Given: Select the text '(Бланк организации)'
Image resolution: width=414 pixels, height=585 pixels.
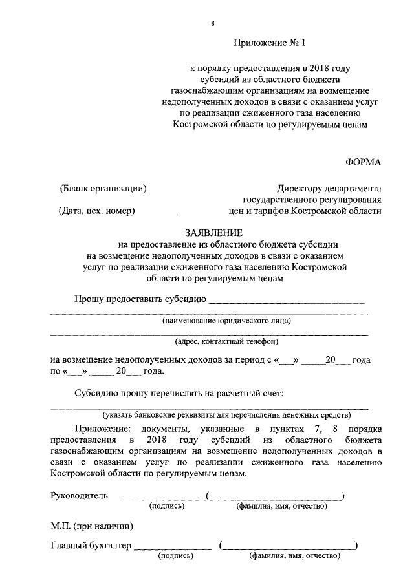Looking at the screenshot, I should click(103, 189).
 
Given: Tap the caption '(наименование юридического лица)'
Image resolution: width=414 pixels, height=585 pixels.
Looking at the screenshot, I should click(226, 321).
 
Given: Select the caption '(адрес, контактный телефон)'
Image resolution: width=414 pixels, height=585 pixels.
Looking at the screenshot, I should click(226, 341).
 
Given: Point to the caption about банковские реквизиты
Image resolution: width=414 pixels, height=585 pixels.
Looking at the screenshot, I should click(226, 415).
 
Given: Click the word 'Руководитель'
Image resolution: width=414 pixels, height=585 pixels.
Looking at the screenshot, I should click(80, 496).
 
